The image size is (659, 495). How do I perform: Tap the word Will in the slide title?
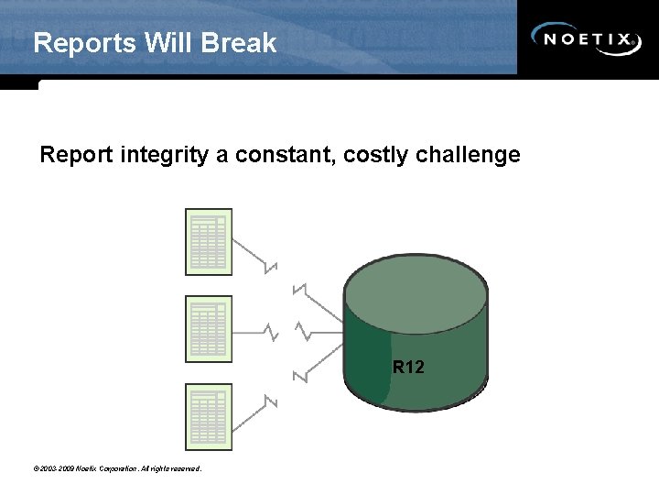(170, 43)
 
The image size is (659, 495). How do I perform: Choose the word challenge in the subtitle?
(468, 155)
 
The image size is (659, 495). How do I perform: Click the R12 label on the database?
(408, 368)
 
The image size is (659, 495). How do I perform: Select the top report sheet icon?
(209, 242)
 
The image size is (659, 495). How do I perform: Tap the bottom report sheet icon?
(209, 415)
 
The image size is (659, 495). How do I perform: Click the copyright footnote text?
(116, 469)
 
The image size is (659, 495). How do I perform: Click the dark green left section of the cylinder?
(367, 367)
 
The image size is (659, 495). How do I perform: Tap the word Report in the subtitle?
(76, 155)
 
